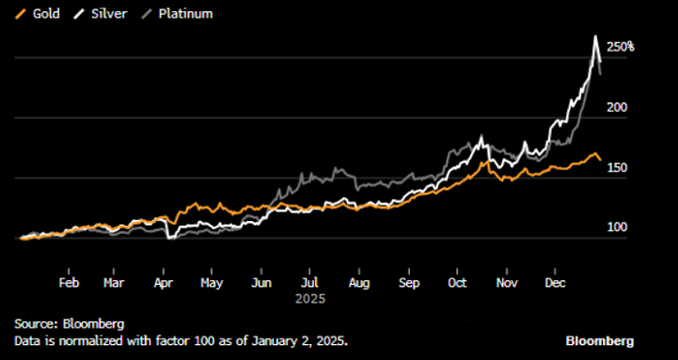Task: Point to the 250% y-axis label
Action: click(x=620, y=47)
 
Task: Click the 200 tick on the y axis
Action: click(x=616, y=108)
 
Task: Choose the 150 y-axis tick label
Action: click(x=616, y=168)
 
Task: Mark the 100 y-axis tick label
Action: click(x=616, y=228)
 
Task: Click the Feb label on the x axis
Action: click(x=69, y=281)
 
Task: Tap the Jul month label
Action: click(x=308, y=281)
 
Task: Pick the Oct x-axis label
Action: click(x=458, y=281)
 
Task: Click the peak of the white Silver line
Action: click(x=594, y=37)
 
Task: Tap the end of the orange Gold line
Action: click(x=601, y=162)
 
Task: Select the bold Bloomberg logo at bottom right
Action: click(x=599, y=340)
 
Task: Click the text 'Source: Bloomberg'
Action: click(x=69, y=323)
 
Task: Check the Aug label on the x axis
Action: click(x=358, y=281)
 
